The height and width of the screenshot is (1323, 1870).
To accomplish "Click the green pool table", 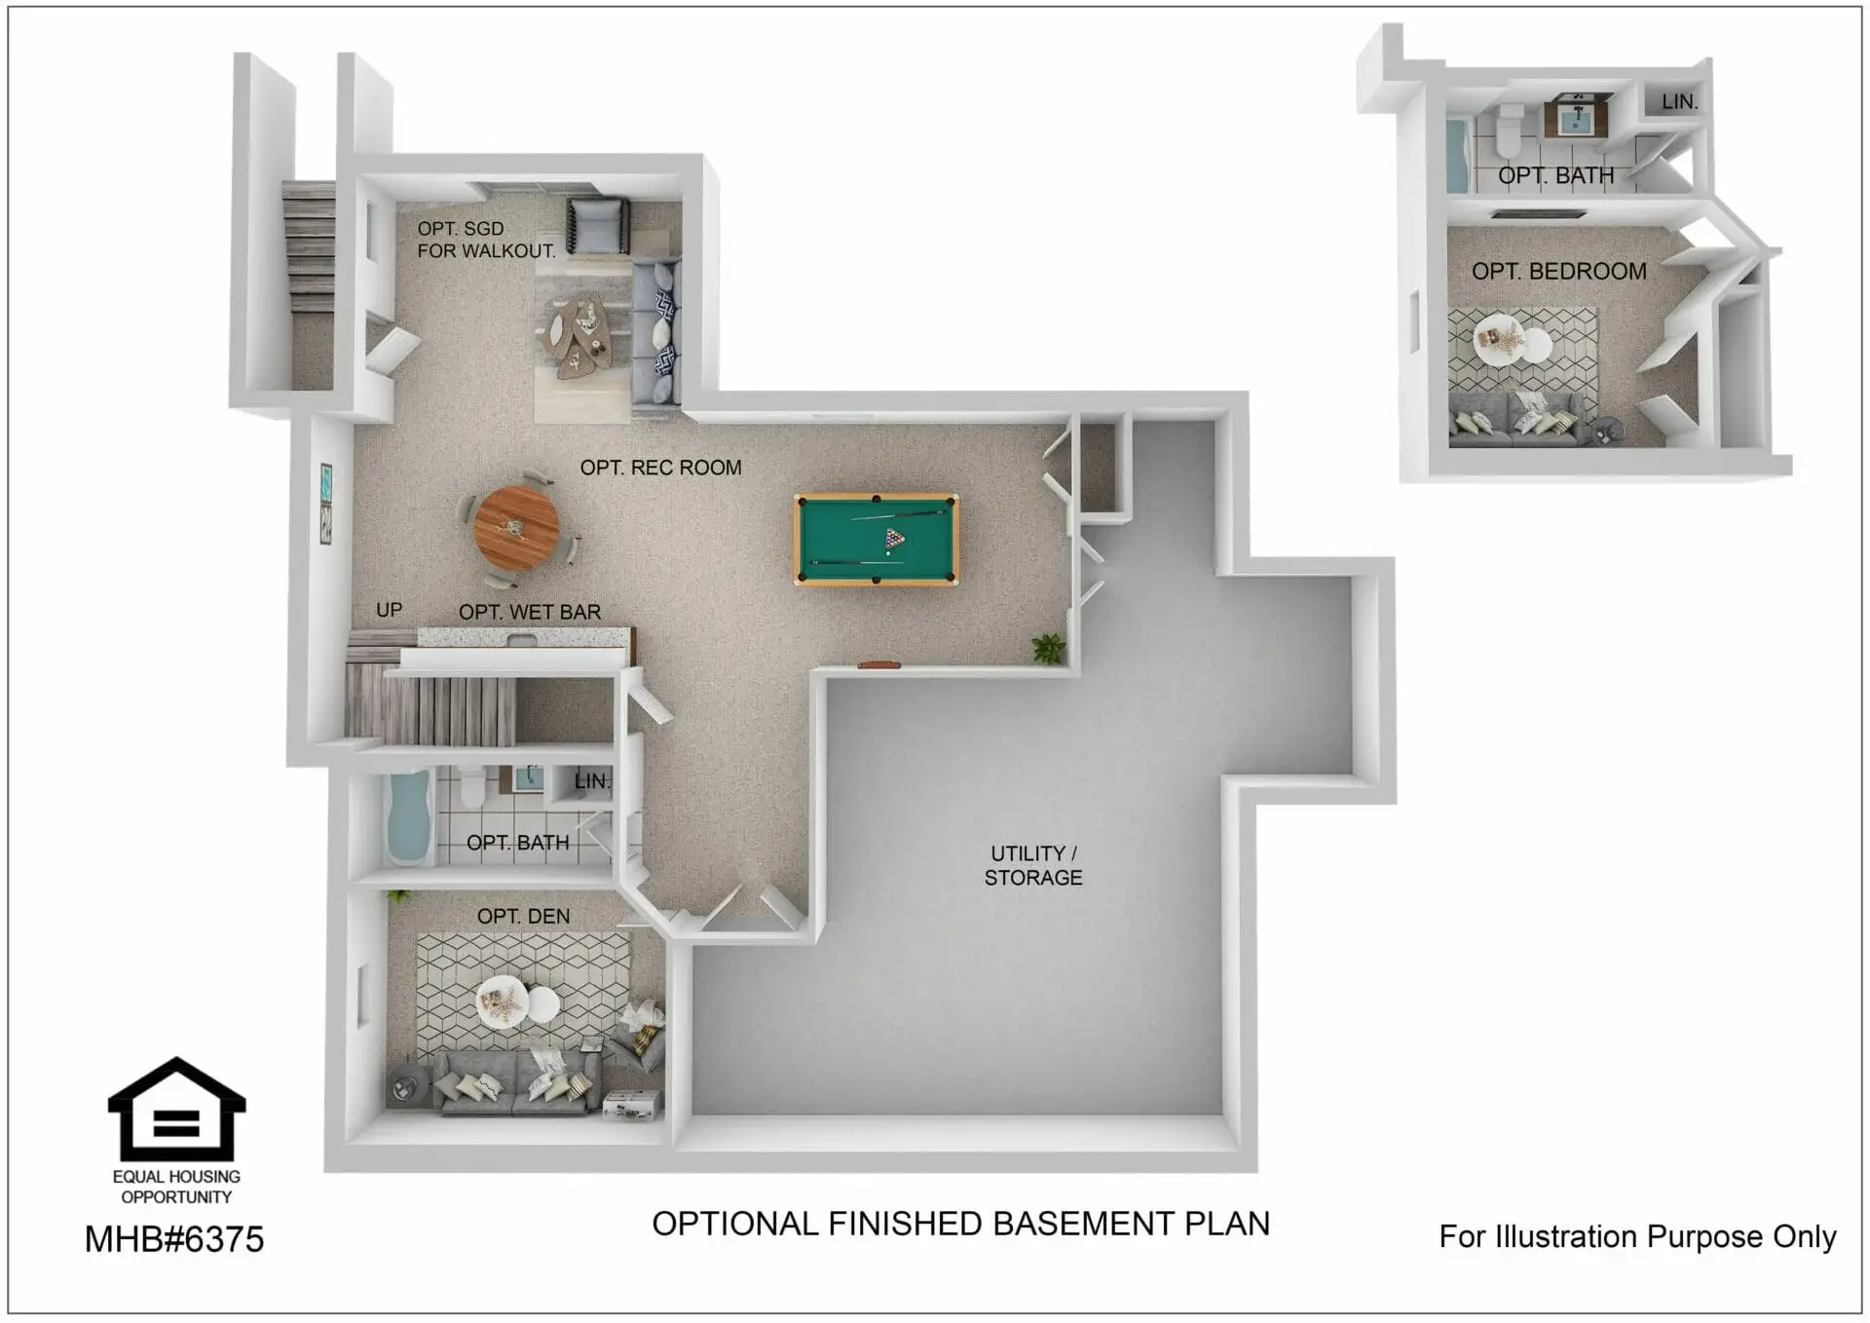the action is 877,539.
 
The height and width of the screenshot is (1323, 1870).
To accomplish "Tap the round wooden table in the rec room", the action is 516,528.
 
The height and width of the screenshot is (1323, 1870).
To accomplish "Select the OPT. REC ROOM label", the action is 660,468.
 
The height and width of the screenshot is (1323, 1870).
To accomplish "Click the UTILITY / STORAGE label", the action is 1032,865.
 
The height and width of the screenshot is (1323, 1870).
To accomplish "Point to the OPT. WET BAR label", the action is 530,612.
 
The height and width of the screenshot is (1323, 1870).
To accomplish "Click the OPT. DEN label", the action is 523,916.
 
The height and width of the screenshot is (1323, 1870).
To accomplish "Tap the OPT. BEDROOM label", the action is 1558,271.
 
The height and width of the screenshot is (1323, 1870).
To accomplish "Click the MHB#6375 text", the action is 174,1239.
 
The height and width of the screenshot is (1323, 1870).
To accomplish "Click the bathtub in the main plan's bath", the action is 409,818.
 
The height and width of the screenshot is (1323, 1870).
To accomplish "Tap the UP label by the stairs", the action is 389,610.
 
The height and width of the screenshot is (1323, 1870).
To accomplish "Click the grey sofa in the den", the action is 516,1081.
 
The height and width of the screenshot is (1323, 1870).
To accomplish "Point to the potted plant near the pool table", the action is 1048,647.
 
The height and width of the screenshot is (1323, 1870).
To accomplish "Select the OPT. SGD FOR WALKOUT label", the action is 486,240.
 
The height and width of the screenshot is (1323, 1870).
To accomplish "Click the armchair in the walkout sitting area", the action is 597,225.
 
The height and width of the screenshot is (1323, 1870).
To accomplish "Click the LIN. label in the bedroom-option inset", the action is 1679,101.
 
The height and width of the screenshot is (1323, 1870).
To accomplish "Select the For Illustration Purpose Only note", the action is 1637,1236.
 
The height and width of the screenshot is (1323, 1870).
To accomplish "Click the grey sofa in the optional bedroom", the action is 1513,419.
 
